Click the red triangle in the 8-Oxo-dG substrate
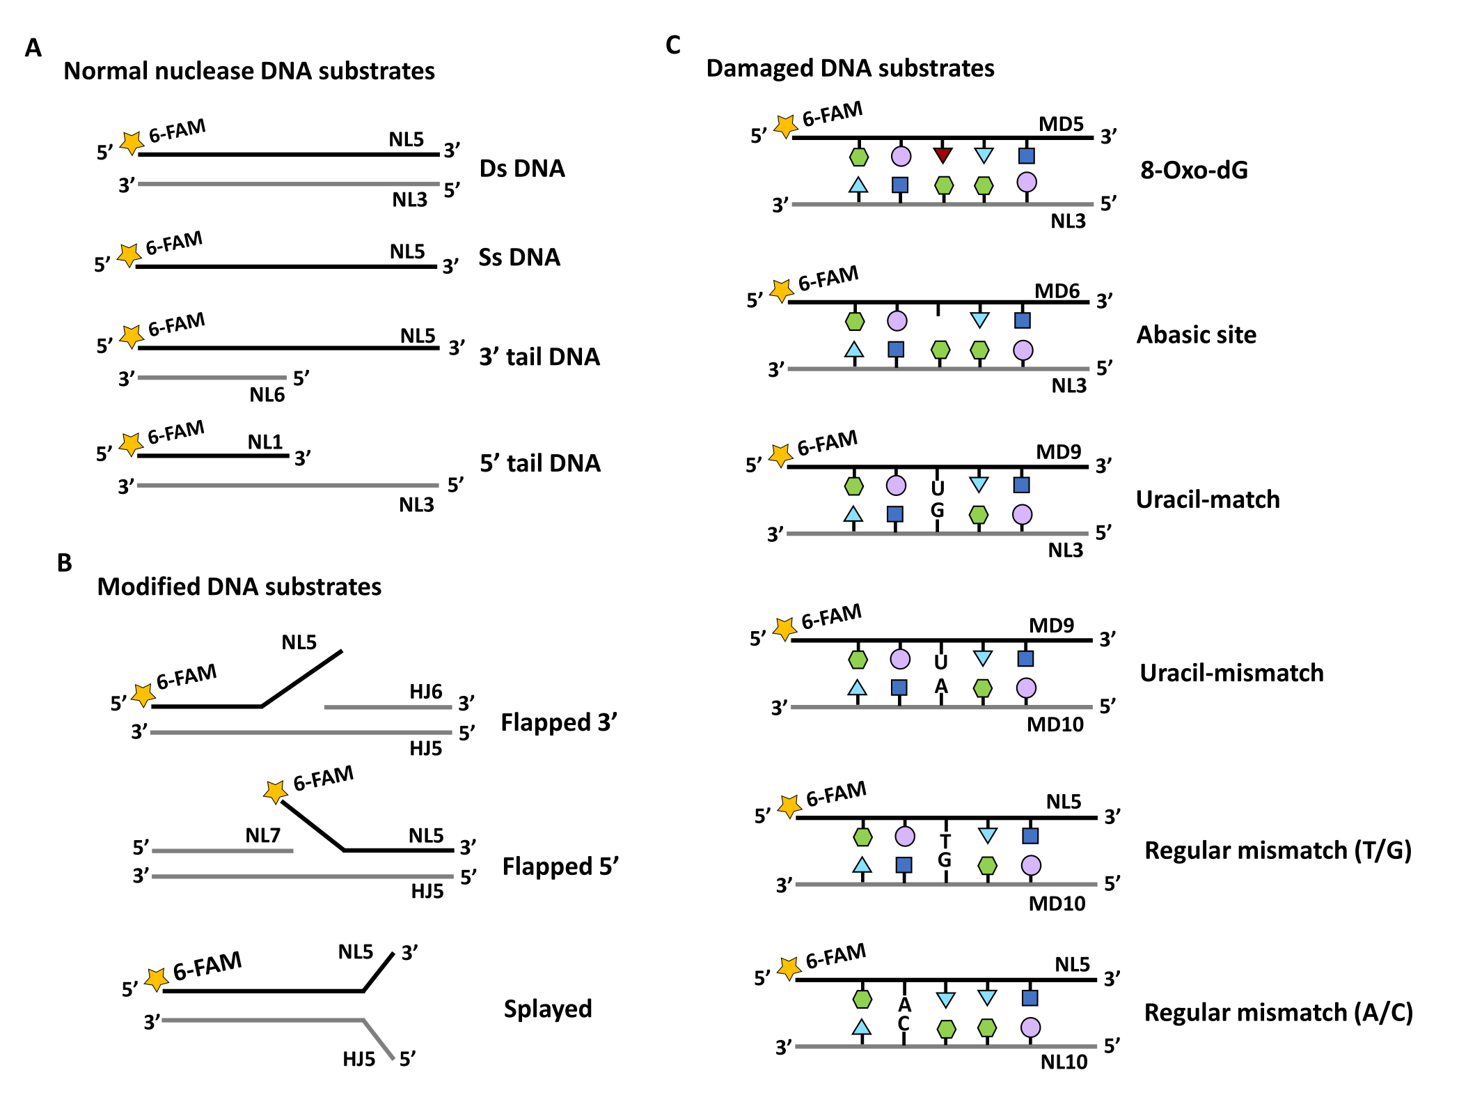tap(943, 155)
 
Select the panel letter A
tap(33, 48)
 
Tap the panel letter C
tap(672, 45)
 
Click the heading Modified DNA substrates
tap(239, 587)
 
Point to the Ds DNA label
tap(522, 169)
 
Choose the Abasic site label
tap(1197, 335)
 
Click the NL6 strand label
tap(267, 395)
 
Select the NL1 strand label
tap(265, 442)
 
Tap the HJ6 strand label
tap(425, 692)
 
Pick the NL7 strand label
tap(262, 835)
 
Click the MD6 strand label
tap(1057, 290)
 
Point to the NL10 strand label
tap(1064, 1062)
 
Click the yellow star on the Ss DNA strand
tap(129, 254)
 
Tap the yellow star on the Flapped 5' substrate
tap(276, 791)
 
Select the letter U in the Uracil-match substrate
tap(938, 488)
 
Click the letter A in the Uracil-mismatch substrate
tap(941, 687)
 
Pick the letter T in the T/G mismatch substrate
tap(945, 841)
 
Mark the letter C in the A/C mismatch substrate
tap(904, 1023)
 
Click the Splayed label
tap(548, 1009)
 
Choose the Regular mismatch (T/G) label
tap(1278, 851)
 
